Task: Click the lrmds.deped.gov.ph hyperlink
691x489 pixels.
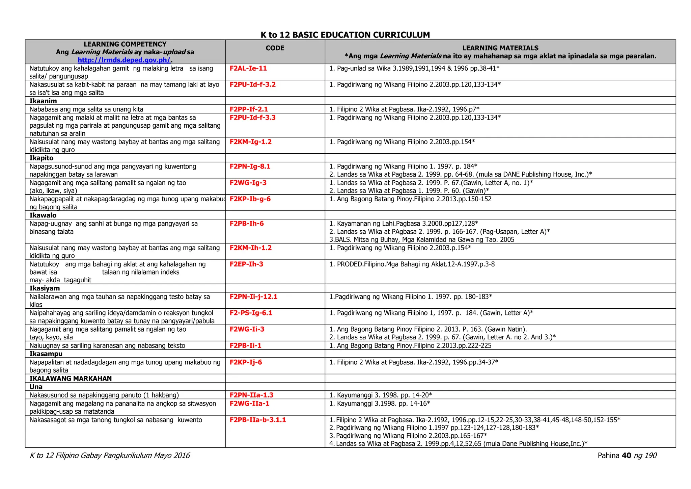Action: coord(124,60)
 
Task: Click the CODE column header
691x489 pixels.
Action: coord(275,48)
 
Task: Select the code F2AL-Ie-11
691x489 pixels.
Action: coord(248,68)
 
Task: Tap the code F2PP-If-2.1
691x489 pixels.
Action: coord(249,109)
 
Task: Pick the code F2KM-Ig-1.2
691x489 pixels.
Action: coord(250,142)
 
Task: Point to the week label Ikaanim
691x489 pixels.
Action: coord(43,101)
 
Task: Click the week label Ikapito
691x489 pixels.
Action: coord(42,158)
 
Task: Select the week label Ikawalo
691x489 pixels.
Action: coord(43,215)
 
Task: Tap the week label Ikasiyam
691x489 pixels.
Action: coord(45,288)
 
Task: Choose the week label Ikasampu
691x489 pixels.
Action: coord(46,354)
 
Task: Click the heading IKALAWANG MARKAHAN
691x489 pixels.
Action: coord(71,378)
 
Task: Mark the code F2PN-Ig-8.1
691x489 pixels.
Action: coord(250,166)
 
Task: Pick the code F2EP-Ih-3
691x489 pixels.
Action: coord(246,264)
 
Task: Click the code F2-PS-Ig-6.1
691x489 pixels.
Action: coord(251,313)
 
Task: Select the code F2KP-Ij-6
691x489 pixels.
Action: coord(246,362)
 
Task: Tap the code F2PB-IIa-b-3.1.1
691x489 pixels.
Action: coord(257,420)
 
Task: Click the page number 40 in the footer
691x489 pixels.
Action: coord(626,456)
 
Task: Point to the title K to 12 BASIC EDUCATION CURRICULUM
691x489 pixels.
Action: coord(345,35)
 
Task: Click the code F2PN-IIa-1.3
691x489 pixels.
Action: coord(251,395)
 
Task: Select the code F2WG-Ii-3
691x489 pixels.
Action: coord(247,329)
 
